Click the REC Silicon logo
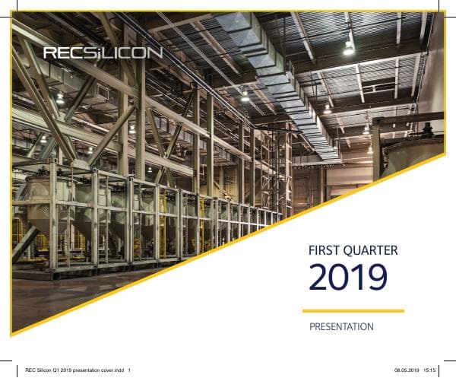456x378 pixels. point(103,52)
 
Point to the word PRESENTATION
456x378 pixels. point(341,327)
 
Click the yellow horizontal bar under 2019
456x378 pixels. point(353,310)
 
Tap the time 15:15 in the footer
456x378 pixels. point(430,370)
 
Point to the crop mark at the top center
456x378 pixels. point(228,6)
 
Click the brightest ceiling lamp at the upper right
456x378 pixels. point(349,47)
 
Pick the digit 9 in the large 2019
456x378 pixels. point(375,278)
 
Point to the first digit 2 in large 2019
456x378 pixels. point(319,278)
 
